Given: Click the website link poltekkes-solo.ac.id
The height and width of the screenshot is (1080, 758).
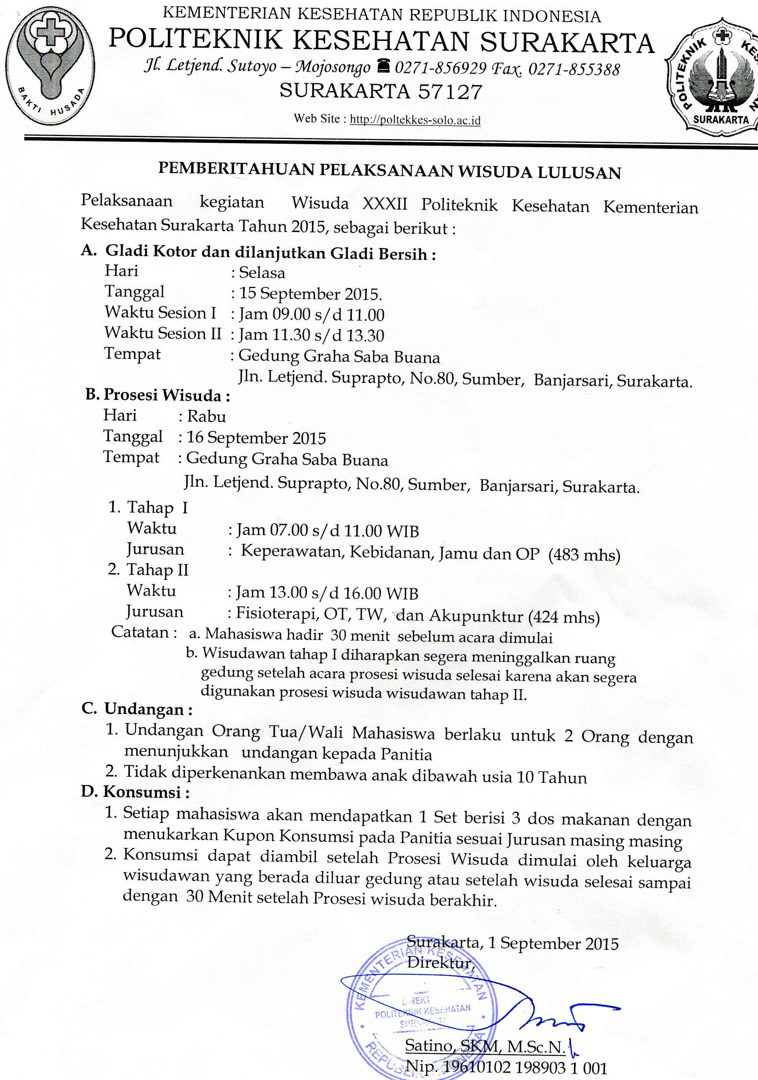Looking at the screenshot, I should pos(416,120).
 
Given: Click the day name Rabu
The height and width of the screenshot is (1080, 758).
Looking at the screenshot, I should pos(206,417).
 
